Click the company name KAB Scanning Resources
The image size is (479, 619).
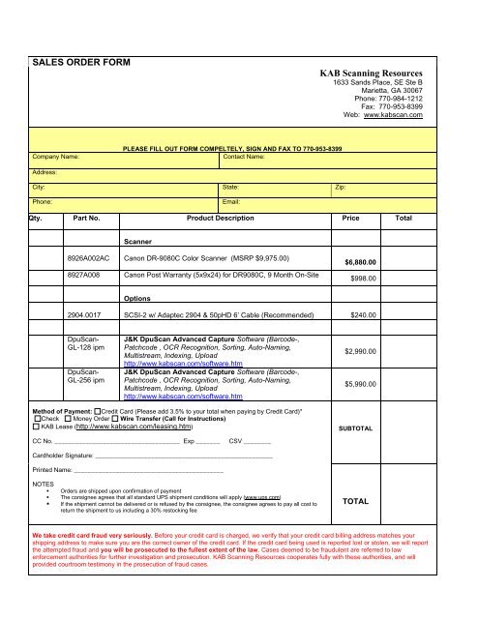(372, 73)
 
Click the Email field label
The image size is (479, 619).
(232, 202)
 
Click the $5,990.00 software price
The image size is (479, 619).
(360, 385)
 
